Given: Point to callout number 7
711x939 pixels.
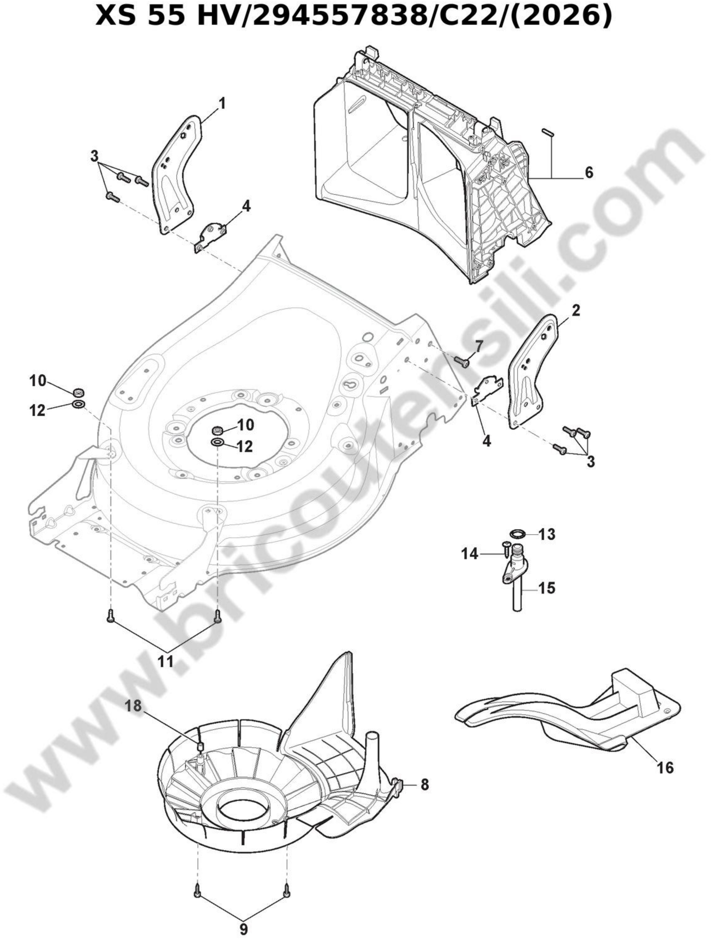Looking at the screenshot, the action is pyautogui.click(x=479, y=346).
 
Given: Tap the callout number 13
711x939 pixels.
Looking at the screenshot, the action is pyautogui.click(x=547, y=534).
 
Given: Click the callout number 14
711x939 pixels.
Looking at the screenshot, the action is pyautogui.click(x=470, y=554).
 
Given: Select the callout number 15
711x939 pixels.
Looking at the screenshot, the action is pyautogui.click(x=547, y=589).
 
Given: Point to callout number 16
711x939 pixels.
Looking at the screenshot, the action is pyautogui.click(x=665, y=768).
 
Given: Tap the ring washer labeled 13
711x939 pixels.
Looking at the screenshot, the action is pyautogui.click(x=516, y=534).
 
